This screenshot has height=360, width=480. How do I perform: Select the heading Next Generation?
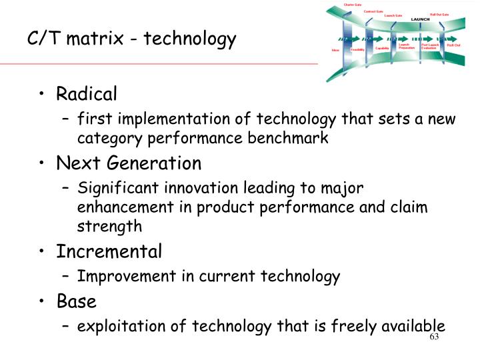tap(129, 163)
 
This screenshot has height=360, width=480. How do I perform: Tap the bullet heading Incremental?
tap(109, 251)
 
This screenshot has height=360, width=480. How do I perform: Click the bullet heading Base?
tap(76, 301)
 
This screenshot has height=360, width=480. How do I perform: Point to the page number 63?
tap(435, 337)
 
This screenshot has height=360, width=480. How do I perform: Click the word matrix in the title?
tap(101, 40)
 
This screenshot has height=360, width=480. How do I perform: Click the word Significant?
tap(114, 188)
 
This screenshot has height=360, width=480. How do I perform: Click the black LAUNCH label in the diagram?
tap(421, 18)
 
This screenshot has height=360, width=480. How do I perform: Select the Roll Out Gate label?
tap(439, 13)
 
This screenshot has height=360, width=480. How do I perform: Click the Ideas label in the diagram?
tap(335, 50)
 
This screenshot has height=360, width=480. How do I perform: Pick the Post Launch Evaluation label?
tap(429, 47)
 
